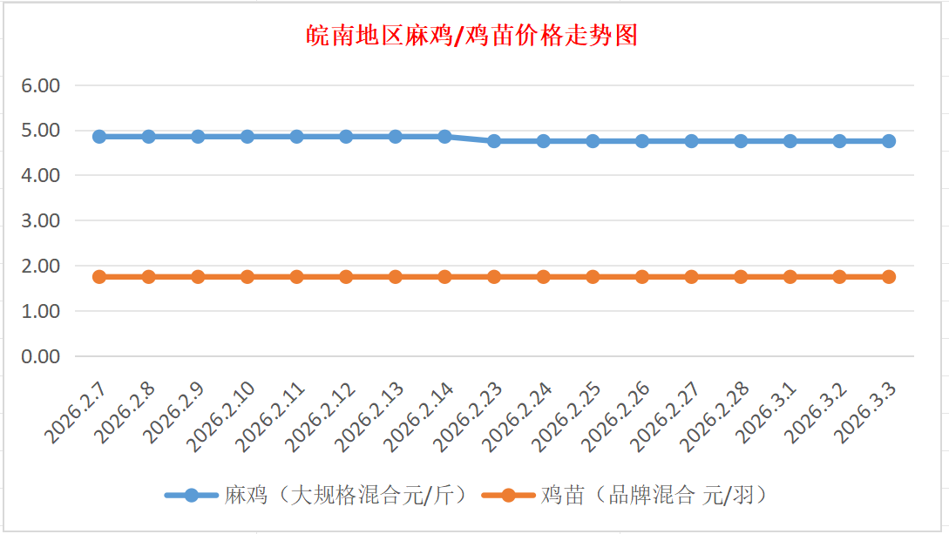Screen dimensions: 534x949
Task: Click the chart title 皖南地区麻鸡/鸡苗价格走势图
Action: [473, 36]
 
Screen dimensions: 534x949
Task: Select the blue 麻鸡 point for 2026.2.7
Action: [99, 137]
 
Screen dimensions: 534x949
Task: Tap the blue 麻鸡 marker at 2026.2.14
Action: [444, 137]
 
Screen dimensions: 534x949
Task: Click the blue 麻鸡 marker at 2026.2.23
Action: [494, 141]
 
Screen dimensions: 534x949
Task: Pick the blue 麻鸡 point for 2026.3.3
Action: [889, 141]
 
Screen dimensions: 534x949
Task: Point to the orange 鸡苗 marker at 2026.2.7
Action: [99, 277]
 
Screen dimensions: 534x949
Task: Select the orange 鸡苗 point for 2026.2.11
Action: [296, 277]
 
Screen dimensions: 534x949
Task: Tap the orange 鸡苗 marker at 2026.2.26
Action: [642, 277]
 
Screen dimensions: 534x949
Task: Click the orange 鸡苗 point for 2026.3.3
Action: [889, 277]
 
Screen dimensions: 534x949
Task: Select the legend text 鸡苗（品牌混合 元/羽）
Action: [654, 496]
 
